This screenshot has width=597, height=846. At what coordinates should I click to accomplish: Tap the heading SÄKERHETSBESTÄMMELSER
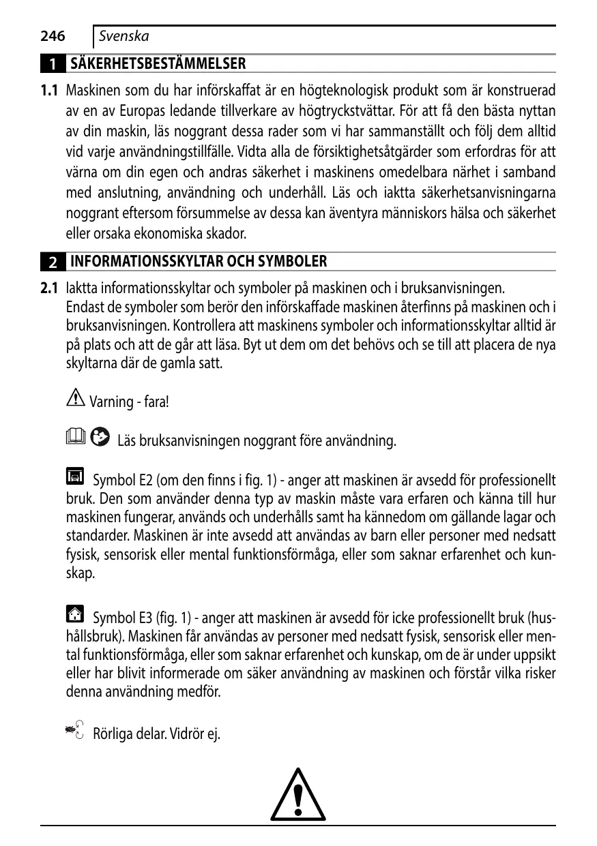click(158, 64)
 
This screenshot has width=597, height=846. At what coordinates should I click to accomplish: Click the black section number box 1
click(53, 65)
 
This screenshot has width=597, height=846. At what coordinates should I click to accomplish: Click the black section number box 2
click(53, 262)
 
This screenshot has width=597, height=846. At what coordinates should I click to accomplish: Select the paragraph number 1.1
click(48, 91)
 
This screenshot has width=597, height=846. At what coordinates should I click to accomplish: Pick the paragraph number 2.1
click(48, 288)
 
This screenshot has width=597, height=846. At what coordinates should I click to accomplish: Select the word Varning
click(112, 402)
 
